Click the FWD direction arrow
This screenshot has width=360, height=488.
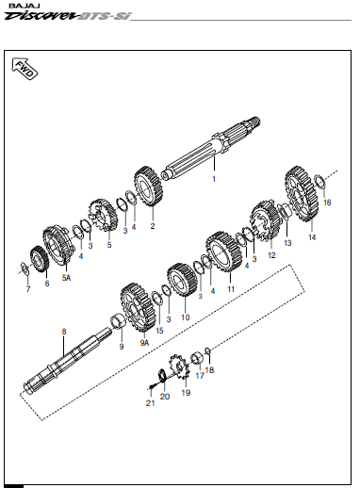pyautogui.click(x=25, y=68)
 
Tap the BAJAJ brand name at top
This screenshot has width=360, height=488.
pyautogui.click(x=23, y=6)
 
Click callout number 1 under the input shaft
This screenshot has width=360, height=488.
pyautogui.click(x=214, y=179)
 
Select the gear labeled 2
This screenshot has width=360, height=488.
pyautogui.click(x=148, y=187)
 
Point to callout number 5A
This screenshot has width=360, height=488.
pyautogui.click(x=66, y=278)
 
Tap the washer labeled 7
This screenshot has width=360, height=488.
pyautogui.click(x=25, y=268)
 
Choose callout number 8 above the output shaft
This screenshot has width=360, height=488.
pyautogui.click(x=64, y=332)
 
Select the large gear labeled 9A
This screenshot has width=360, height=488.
pyautogui.click(x=139, y=308)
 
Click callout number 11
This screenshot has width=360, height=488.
pyautogui.click(x=231, y=289)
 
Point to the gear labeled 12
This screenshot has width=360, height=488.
pyautogui.click(x=265, y=220)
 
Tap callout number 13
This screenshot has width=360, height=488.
pyautogui.click(x=287, y=243)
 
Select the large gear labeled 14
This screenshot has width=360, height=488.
pyautogui.click(x=302, y=194)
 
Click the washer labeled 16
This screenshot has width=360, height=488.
pyautogui.click(x=319, y=183)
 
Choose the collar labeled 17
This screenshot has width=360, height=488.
pyautogui.click(x=198, y=359)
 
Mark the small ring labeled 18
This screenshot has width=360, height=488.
pyautogui.click(x=207, y=350)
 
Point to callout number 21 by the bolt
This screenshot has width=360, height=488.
pyautogui.click(x=150, y=403)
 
